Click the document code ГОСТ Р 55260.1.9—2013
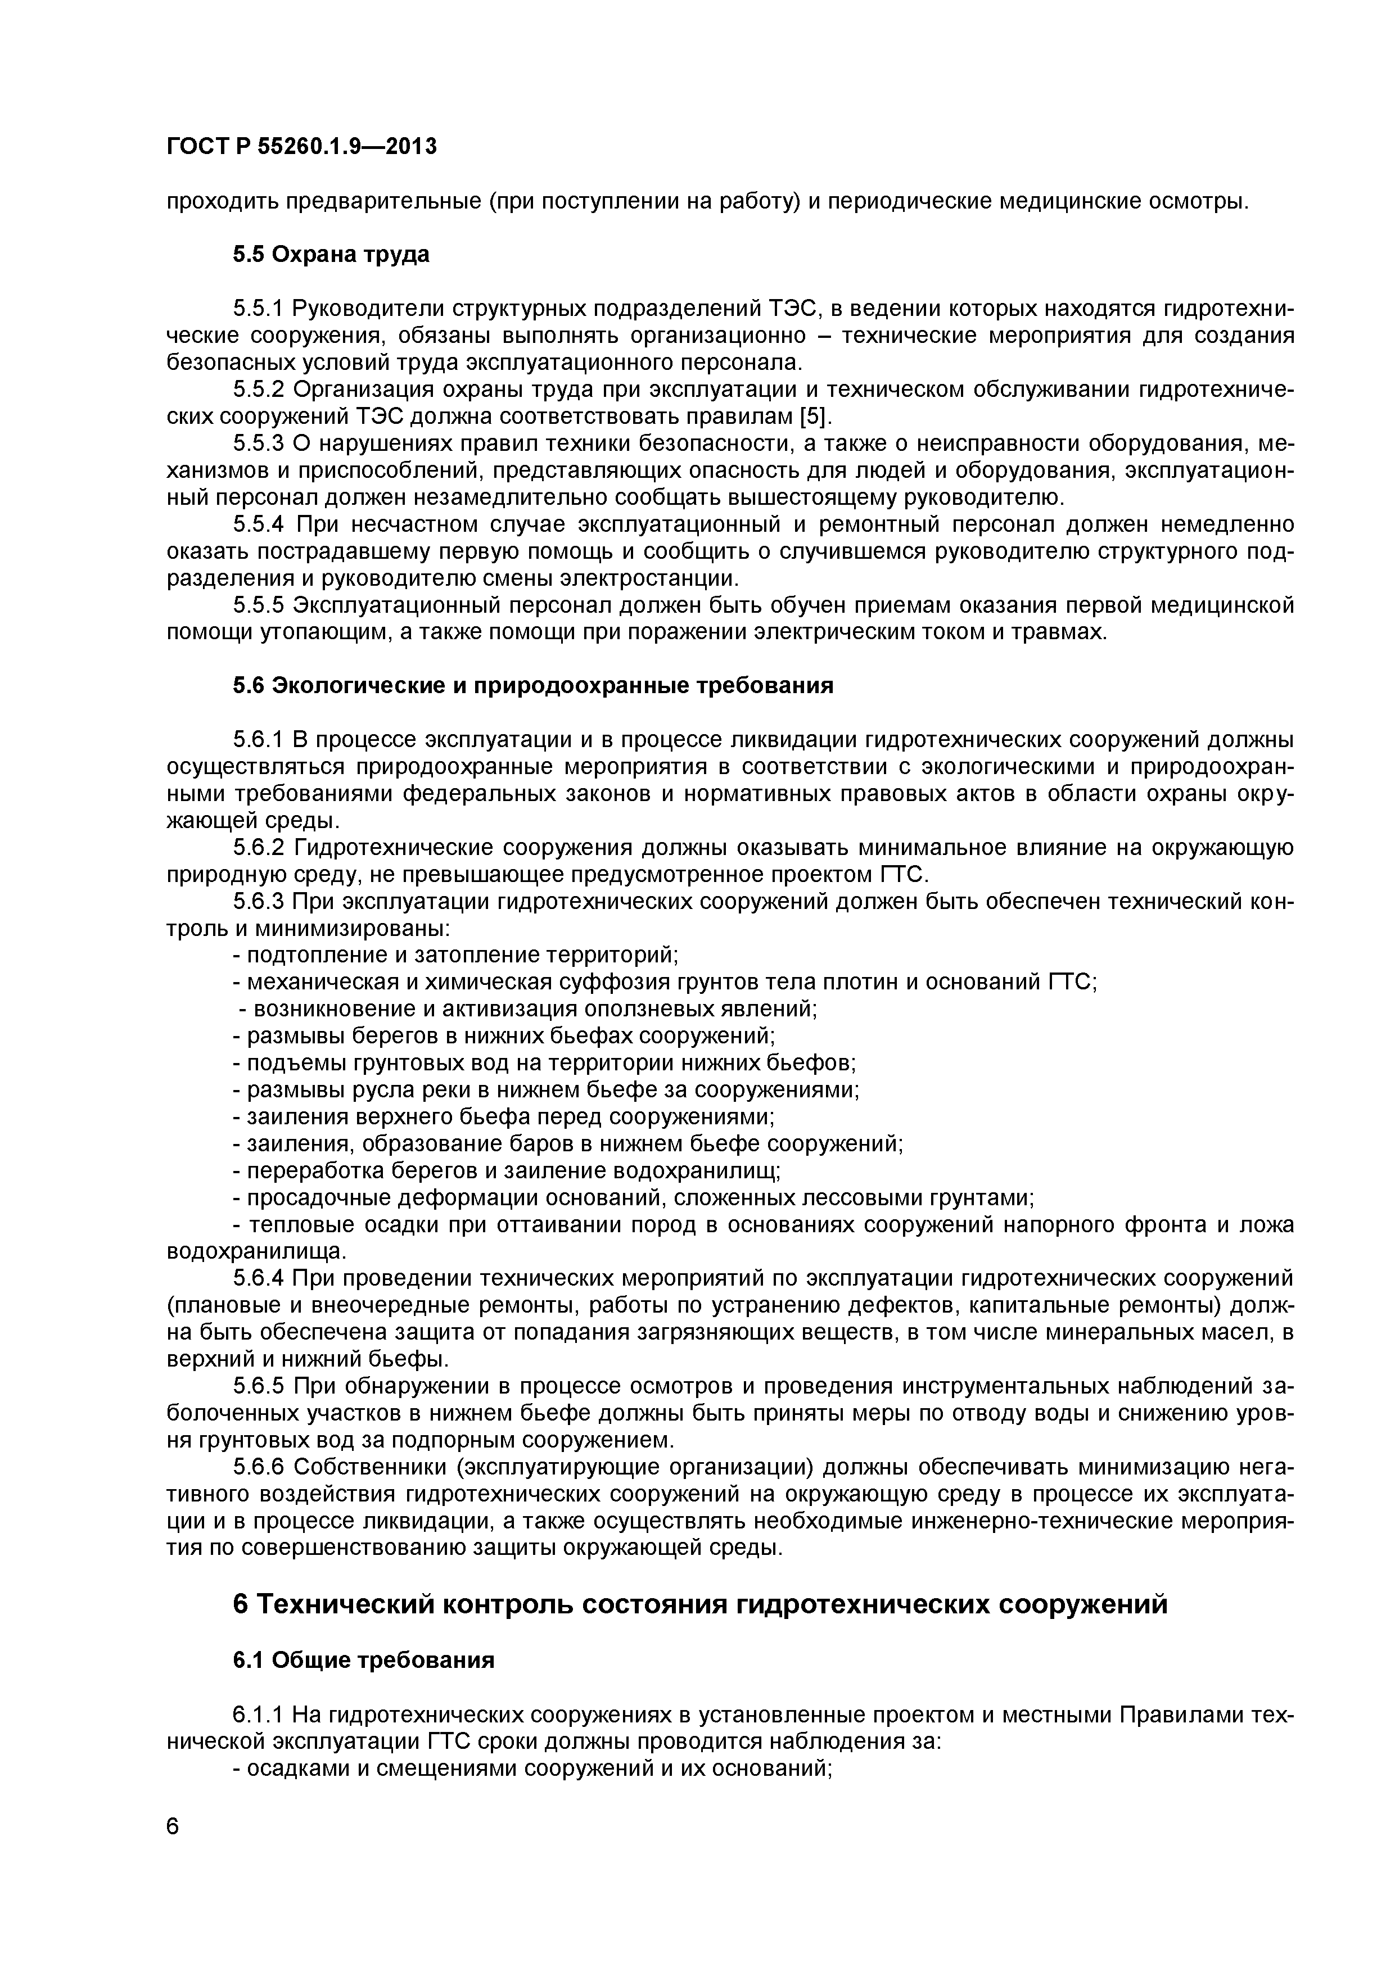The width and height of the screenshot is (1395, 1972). click(301, 147)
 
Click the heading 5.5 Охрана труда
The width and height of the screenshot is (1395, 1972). click(331, 255)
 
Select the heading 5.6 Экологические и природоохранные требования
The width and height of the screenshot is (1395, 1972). click(532, 685)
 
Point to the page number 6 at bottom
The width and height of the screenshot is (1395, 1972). click(174, 1849)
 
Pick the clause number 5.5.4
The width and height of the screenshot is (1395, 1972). click(259, 524)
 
